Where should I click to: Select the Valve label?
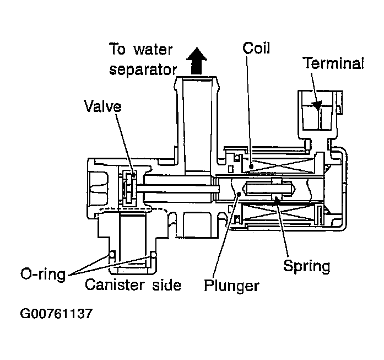(102, 106)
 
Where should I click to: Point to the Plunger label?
(231, 286)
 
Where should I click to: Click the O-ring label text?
(42, 274)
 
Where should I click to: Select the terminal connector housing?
(318, 113)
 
